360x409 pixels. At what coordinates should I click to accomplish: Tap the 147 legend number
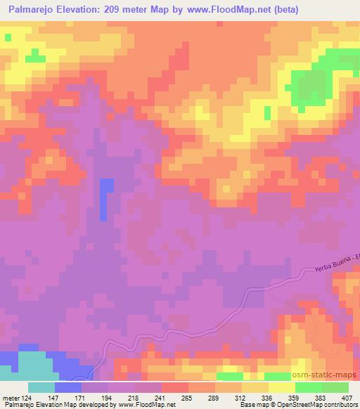click(54, 397)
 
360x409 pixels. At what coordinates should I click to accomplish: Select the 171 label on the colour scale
click(82, 397)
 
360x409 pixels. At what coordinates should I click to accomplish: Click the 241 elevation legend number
click(161, 397)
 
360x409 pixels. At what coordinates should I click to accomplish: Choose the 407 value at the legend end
click(346, 397)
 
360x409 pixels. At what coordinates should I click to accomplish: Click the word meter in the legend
click(10, 397)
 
